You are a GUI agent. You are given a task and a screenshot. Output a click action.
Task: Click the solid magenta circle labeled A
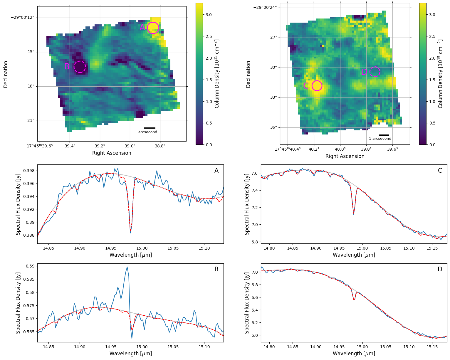click(x=153, y=28)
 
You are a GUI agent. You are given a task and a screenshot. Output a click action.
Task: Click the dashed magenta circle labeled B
click(x=80, y=67)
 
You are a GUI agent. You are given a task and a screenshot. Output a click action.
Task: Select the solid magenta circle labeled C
click(x=317, y=85)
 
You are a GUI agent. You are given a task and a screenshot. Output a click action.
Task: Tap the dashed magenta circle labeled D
click(x=375, y=72)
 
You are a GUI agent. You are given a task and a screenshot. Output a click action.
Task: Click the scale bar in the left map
click(x=150, y=128)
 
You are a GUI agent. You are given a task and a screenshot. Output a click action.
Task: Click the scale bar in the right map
click(x=384, y=135)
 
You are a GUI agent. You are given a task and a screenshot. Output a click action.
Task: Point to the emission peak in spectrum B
click(x=127, y=267)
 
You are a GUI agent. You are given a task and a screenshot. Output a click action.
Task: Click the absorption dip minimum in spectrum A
click(x=130, y=233)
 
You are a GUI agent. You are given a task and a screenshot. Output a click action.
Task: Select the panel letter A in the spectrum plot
click(x=216, y=171)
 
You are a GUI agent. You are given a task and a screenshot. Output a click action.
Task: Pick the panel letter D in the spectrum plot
click(x=440, y=269)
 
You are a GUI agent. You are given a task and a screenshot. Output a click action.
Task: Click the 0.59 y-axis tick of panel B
click(x=31, y=266)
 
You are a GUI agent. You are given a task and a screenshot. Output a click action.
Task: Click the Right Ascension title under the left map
click(x=112, y=153)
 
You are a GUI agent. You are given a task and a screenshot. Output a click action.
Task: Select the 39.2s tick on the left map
click(x=100, y=145)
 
